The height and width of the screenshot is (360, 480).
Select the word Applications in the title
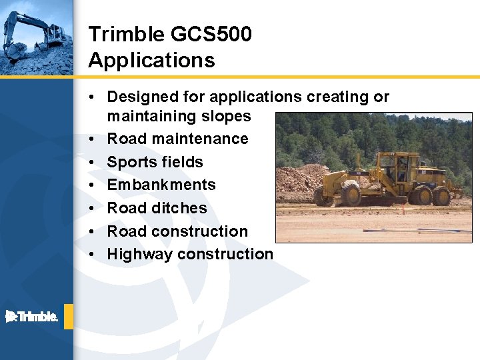click(x=151, y=61)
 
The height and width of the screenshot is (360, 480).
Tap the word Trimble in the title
click(x=125, y=34)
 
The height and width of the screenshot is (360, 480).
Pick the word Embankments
click(x=161, y=185)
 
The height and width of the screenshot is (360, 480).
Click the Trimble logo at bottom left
click(x=32, y=317)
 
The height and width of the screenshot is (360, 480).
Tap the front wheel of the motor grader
click(x=350, y=193)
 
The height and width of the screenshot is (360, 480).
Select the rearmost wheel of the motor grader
click(x=441, y=195)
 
